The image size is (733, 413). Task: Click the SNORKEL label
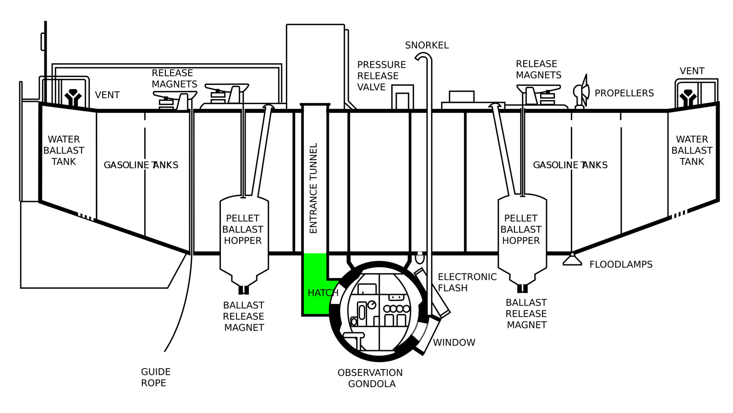pyautogui.click(x=427, y=45)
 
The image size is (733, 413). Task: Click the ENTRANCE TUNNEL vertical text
pyautogui.click(x=313, y=188)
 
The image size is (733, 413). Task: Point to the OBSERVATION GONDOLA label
pyautogui.click(x=371, y=378)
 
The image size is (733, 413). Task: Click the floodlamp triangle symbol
pyautogui.click(x=572, y=259)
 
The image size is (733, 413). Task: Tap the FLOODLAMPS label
pyautogui.click(x=621, y=264)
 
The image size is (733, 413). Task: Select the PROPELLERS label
pyautogui.click(x=624, y=93)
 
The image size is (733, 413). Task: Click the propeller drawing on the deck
pyautogui.click(x=581, y=91)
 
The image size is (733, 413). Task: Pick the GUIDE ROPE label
pyautogui.click(x=156, y=377)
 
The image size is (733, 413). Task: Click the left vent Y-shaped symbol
pyautogui.click(x=73, y=97)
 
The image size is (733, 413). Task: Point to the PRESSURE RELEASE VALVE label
pyautogui.click(x=381, y=76)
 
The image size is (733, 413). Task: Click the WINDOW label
pyautogui.click(x=454, y=342)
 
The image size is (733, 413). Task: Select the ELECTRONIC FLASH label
pyautogui.click(x=467, y=282)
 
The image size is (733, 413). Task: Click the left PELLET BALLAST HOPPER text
pyautogui.click(x=243, y=229)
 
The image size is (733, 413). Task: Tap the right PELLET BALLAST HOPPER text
pyautogui.click(x=521, y=229)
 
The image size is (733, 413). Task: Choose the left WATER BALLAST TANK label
pyautogui.click(x=64, y=151)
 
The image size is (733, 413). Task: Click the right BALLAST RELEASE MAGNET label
pyautogui.click(x=526, y=314)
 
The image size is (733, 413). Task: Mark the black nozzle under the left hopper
pyautogui.click(x=244, y=290)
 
